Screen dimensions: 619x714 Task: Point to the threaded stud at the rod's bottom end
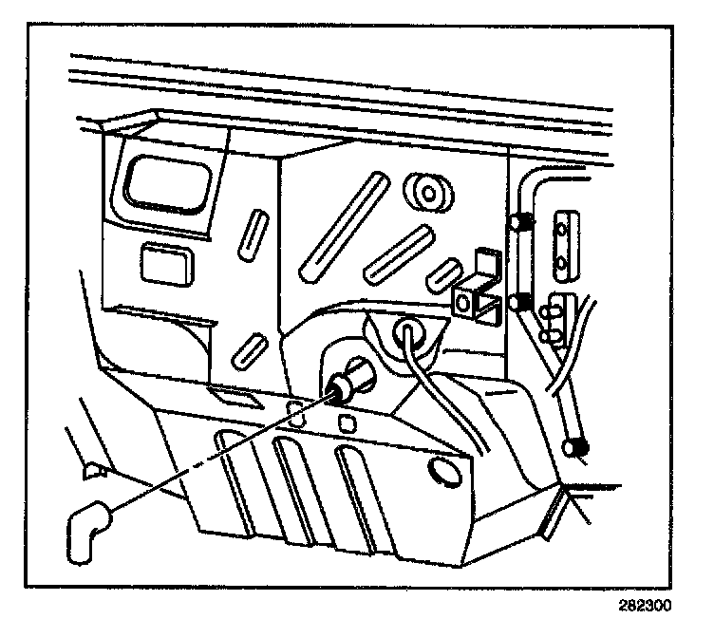(x=575, y=445)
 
